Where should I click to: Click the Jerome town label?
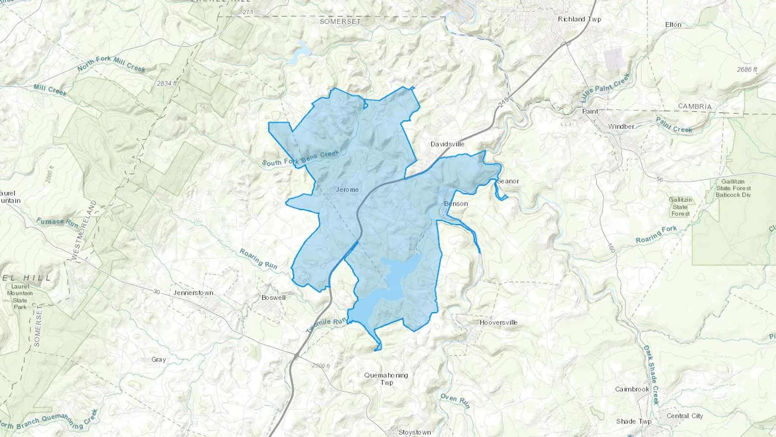347,190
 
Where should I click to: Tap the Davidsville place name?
447,144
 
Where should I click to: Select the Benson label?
456,204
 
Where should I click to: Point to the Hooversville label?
498,323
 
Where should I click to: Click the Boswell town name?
273,298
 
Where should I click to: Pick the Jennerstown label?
193,293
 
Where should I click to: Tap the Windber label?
621,127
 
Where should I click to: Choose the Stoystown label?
414,432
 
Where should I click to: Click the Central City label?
685,416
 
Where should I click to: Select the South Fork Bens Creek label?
300,158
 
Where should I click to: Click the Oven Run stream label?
455,400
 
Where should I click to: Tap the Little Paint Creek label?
605,88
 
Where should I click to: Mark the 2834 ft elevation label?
167,83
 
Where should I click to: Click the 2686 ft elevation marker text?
747,69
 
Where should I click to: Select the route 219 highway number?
503,102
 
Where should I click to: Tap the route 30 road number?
156,292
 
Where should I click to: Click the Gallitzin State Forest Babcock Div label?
733,188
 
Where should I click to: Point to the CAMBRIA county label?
695,107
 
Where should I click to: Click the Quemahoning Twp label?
386,379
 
